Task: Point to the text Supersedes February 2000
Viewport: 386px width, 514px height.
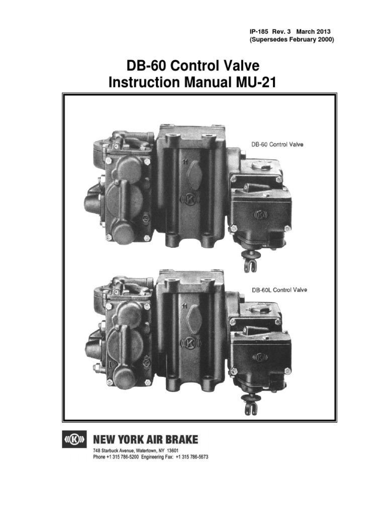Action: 288,40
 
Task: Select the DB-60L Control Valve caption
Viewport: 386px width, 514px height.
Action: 279,290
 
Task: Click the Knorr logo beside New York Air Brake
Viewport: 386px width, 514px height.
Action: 75,440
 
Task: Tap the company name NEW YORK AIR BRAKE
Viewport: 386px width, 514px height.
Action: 146,440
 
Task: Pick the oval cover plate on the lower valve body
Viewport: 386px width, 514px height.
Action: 194,322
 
